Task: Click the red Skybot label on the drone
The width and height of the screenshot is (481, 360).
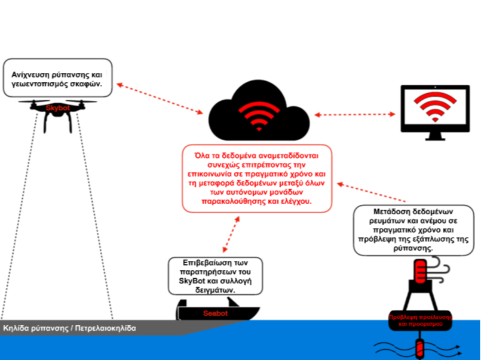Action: pyautogui.click(x=57, y=108)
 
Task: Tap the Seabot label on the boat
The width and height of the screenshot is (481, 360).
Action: pyautogui.click(x=216, y=313)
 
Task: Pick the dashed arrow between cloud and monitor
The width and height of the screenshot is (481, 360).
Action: pyautogui.click(x=356, y=114)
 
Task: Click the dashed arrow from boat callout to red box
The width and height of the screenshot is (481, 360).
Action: pyautogui.click(x=231, y=235)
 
